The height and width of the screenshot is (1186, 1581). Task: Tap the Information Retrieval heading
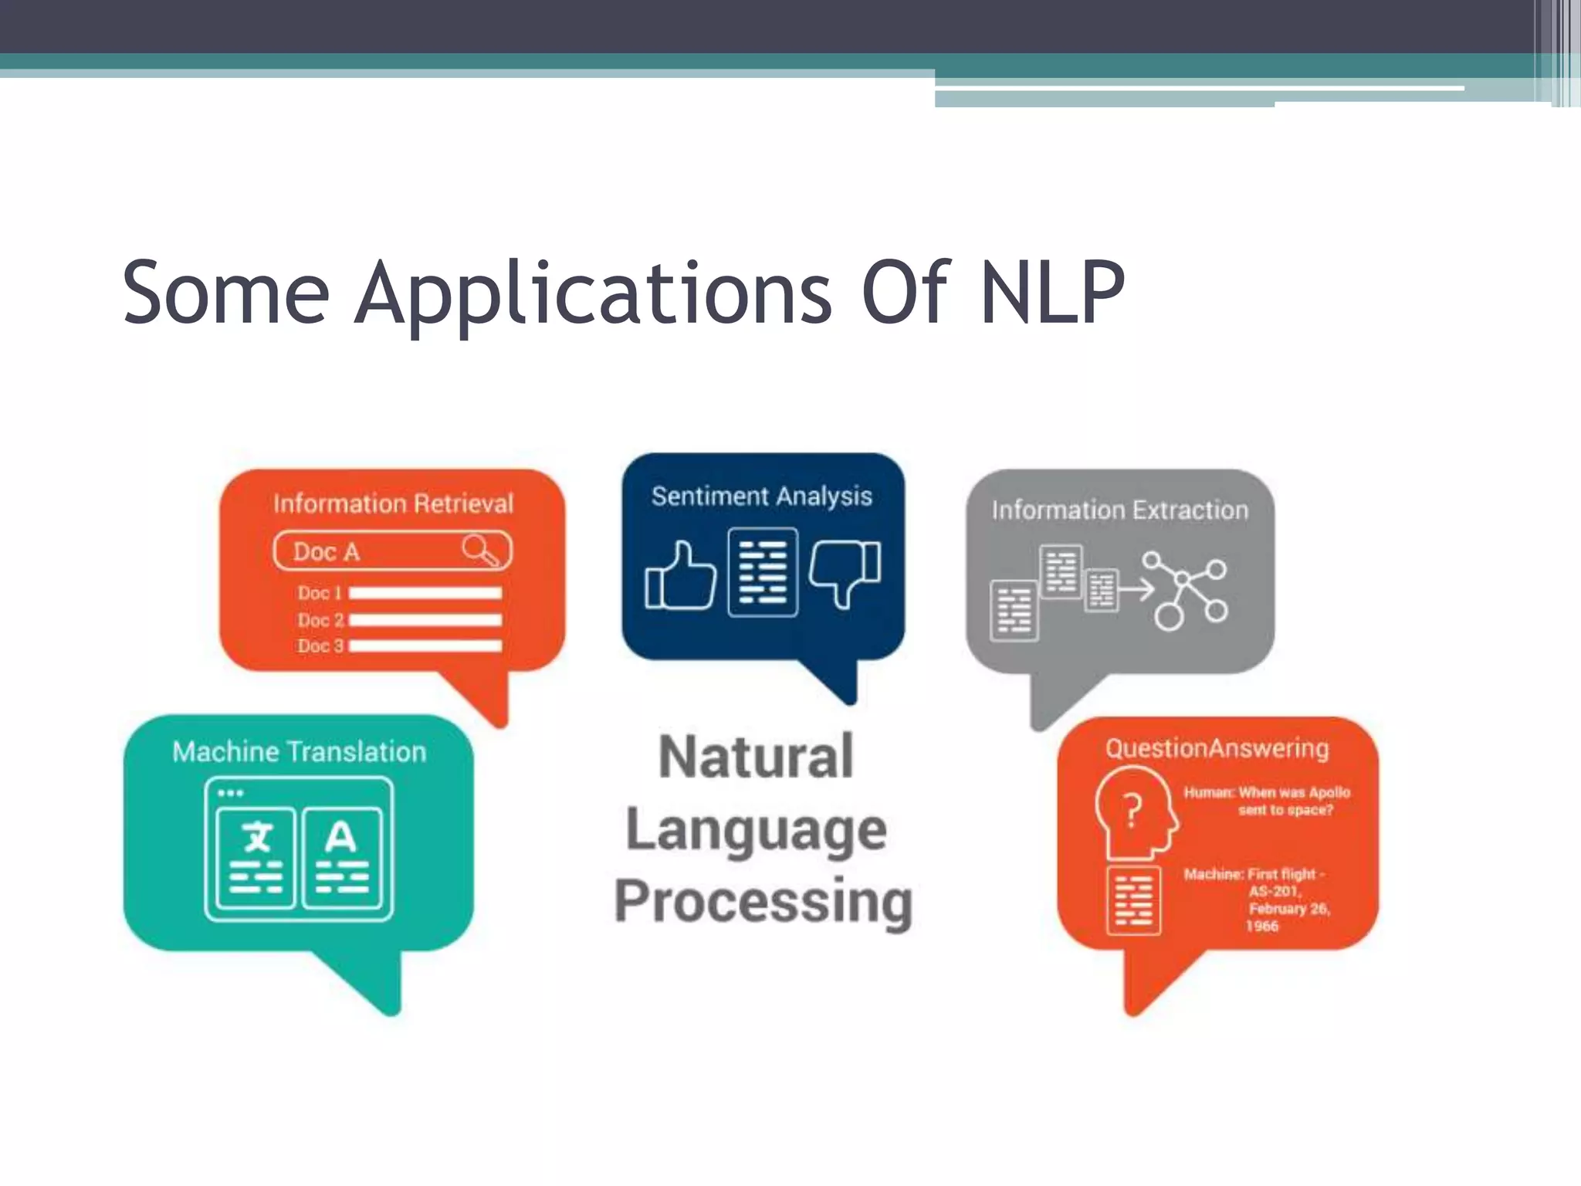393,503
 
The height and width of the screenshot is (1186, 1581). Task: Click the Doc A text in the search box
327,552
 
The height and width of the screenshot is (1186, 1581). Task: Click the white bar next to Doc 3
425,646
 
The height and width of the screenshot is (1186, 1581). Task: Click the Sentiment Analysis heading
761,496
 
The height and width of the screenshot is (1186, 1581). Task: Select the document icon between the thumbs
763,572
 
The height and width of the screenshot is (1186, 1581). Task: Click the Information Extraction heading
1119,510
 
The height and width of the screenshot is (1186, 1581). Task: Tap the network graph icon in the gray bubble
1185,591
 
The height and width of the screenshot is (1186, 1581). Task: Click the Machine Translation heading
299,751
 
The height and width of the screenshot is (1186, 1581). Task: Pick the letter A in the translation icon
340,838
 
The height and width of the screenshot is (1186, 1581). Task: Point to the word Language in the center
756,831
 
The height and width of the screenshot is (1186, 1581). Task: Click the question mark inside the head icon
1132,811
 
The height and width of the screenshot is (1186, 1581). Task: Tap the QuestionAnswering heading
1217,748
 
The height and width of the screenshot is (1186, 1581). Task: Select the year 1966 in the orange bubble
1261,926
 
